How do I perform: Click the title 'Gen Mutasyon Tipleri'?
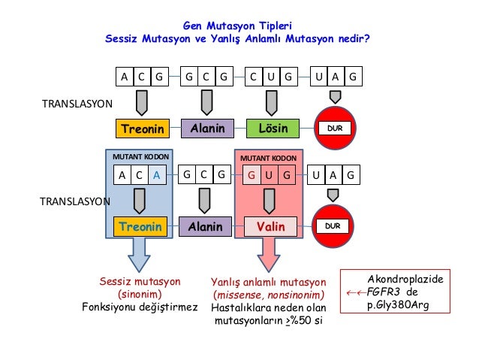click(x=238, y=25)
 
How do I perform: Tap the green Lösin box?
click(x=273, y=129)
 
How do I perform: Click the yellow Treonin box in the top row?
click(x=142, y=129)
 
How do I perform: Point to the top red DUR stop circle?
click(x=336, y=129)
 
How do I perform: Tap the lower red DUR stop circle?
click(x=336, y=225)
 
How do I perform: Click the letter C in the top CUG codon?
click(x=255, y=77)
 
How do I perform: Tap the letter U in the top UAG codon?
click(x=320, y=77)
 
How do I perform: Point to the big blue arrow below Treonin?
click(x=140, y=255)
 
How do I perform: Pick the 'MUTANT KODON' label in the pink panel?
click(x=268, y=159)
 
